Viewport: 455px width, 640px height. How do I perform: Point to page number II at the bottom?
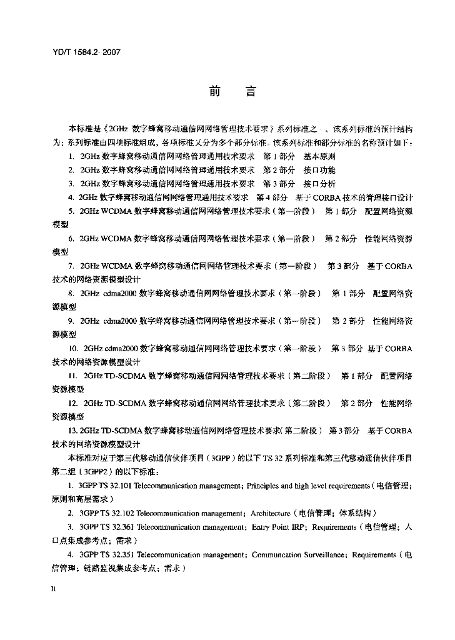pos(54,590)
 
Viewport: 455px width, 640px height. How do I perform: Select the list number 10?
pos(73,348)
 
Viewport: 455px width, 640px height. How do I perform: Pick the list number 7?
pos(72,266)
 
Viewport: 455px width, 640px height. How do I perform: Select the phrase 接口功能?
pos(319,170)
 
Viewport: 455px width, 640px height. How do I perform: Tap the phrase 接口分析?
pos(319,184)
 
